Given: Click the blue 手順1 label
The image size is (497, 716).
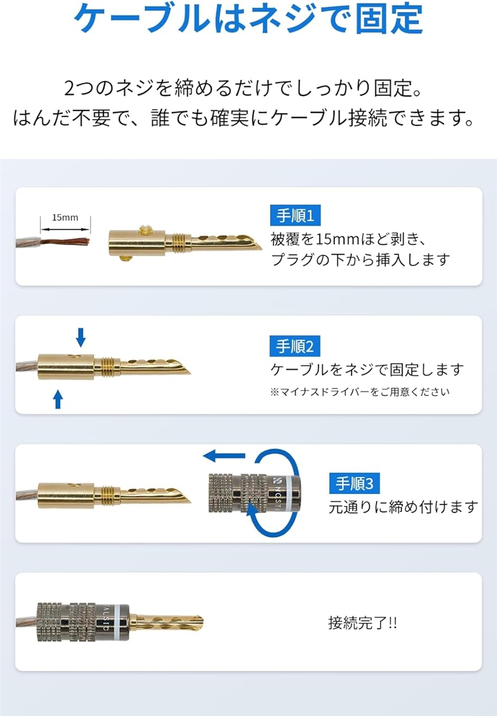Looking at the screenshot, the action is tap(295, 215).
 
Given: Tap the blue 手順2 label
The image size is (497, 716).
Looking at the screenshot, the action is tap(295, 346).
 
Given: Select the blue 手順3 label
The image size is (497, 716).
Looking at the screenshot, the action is tap(354, 483).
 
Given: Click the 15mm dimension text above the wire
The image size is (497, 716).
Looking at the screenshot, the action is tap(65, 217).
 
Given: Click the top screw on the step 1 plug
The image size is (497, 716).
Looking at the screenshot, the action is tap(145, 229).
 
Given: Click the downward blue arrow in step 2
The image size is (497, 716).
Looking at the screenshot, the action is tap(81, 337).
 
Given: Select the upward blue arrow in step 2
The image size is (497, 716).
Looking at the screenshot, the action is tap(58, 399).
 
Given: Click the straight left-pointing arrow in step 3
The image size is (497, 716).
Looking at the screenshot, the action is tap(224, 455).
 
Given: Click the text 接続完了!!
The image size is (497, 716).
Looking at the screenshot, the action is tap(362, 623).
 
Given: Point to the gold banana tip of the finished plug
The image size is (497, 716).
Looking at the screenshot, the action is tap(169, 622).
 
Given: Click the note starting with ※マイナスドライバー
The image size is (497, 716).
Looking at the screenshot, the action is tap(360, 392).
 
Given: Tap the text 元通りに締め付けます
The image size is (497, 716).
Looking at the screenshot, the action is tap(403, 508).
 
